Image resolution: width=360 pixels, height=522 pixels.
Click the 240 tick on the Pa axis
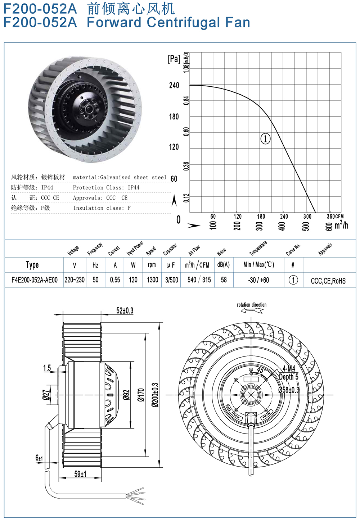click(x=174, y=85)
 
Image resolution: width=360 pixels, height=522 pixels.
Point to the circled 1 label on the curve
click(x=265, y=139)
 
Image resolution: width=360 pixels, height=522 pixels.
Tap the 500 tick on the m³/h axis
click(x=306, y=226)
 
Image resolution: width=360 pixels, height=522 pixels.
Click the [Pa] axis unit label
click(x=174, y=59)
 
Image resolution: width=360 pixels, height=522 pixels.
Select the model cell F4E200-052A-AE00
click(x=34, y=280)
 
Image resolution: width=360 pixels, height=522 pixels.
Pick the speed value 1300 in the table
click(x=152, y=280)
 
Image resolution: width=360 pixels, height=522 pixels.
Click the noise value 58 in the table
click(x=224, y=280)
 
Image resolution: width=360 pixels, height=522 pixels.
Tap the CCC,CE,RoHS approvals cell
click(x=328, y=281)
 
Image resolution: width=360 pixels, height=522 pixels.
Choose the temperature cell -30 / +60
click(x=258, y=280)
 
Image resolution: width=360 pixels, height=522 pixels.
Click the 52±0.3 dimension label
click(x=125, y=310)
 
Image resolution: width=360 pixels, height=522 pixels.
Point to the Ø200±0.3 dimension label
click(x=155, y=395)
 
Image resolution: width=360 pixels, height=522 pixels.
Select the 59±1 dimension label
click(x=80, y=474)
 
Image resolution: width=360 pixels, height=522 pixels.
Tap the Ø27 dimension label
click(x=46, y=395)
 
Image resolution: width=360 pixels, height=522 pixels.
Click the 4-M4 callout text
click(x=289, y=369)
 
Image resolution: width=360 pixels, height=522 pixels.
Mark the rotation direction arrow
click(x=252, y=310)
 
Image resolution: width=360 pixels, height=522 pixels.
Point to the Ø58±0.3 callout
click(x=289, y=390)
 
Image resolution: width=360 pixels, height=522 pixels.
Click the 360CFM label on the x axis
click(x=335, y=217)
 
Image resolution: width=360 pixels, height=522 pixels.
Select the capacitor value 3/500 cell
click(x=171, y=280)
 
